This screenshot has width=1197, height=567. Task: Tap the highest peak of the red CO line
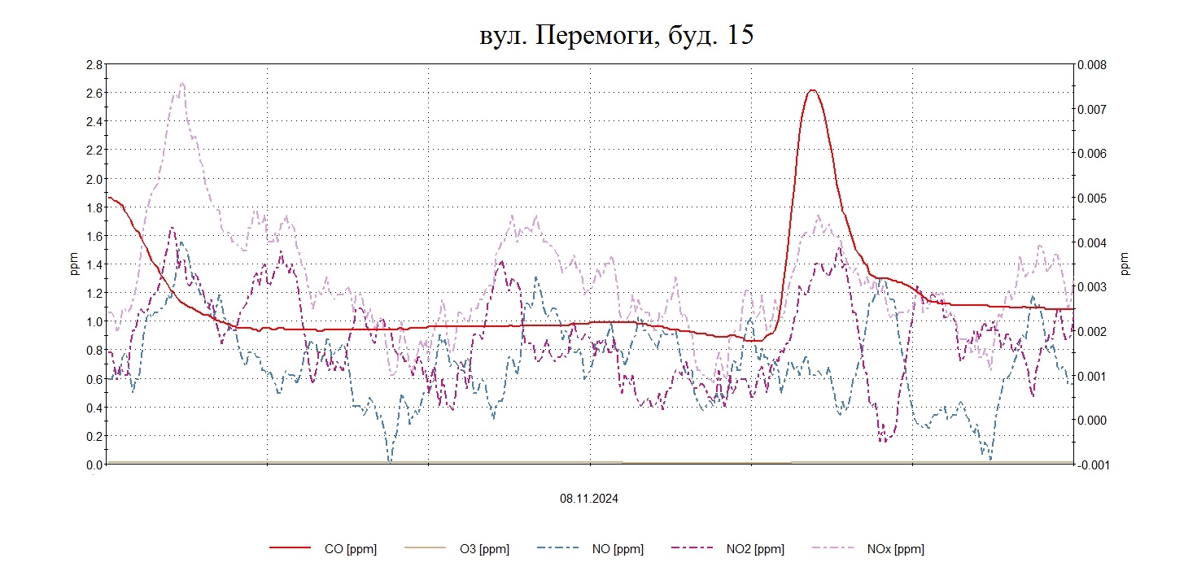(811, 90)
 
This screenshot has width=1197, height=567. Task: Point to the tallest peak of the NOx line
(181, 83)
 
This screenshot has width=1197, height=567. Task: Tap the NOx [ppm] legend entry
(896, 549)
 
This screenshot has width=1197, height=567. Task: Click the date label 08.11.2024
(588, 499)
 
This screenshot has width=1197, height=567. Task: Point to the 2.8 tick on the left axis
(94, 64)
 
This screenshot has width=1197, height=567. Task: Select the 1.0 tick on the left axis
(94, 321)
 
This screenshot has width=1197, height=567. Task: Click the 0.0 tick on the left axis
(94, 465)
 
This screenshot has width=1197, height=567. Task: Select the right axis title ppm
(1125, 264)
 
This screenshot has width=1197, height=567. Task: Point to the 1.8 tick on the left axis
(94, 207)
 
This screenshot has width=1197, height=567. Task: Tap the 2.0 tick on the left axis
(94, 179)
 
